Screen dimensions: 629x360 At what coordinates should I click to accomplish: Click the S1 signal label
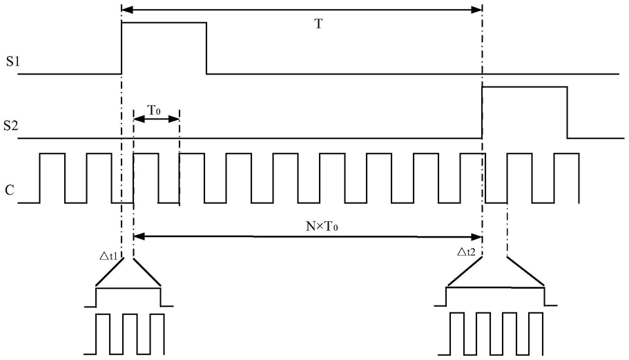point(13,61)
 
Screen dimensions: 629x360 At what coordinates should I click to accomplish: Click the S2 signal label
point(11,126)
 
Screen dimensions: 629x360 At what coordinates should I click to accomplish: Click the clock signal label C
point(10,190)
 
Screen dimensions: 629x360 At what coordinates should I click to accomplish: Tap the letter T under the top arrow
point(318,23)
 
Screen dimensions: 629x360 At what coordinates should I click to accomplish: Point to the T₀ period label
point(154,110)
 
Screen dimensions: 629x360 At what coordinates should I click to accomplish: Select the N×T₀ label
point(322,227)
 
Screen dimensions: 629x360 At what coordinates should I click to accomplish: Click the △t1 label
point(108,256)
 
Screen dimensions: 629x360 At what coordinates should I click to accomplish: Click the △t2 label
point(466,252)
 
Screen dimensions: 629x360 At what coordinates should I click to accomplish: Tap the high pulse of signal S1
point(164,23)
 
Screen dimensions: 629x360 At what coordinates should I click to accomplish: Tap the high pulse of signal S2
point(525,86)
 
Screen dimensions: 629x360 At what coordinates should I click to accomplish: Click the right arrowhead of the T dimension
point(476,10)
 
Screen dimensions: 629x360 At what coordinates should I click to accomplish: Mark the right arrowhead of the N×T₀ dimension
point(476,237)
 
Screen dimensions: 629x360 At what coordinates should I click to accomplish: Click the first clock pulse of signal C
point(52,153)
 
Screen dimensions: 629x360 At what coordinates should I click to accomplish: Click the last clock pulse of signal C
point(566,153)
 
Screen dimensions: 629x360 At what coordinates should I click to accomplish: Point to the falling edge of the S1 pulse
point(206,48)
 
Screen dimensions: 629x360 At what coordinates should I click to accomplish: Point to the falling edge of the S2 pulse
point(568,113)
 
